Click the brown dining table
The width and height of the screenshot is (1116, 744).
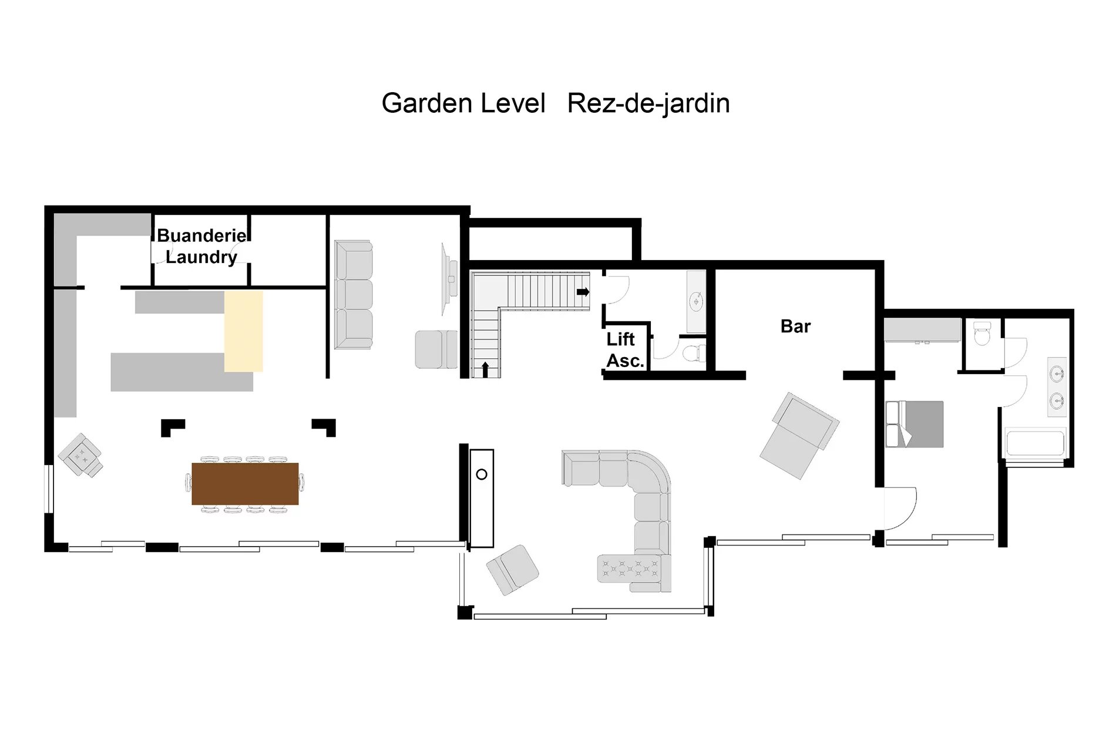click(x=245, y=484)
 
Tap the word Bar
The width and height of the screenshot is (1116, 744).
click(x=795, y=326)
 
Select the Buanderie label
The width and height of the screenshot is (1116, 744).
click(x=202, y=235)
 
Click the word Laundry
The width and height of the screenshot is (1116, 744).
click(x=201, y=257)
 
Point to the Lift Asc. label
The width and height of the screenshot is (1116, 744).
click(x=624, y=350)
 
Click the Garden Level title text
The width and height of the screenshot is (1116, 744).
click(x=463, y=103)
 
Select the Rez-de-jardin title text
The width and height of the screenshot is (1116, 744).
click(x=648, y=103)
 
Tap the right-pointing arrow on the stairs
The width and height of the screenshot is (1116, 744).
click(x=583, y=292)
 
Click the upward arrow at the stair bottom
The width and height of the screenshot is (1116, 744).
click(x=485, y=369)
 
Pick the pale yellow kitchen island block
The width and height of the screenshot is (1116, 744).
click(x=243, y=332)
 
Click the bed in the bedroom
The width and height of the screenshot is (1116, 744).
click(x=915, y=424)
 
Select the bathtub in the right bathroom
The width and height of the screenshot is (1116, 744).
click(x=1035, y=443)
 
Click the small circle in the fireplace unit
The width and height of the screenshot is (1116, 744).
click(x=482, y=474)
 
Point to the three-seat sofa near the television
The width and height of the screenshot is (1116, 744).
click(x=354, y=295)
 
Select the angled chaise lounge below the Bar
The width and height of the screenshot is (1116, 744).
click(x=799, y=435)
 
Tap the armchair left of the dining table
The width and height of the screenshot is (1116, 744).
click(x=81, y=455)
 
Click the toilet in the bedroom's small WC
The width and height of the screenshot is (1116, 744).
click(x=982, y=333)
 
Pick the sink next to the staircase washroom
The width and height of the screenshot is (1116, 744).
click(x=696, y=302)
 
